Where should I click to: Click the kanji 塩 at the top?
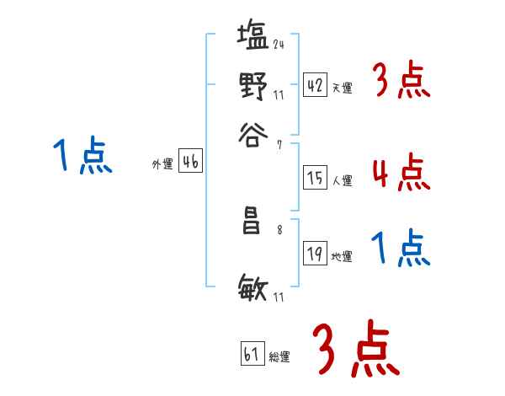253,38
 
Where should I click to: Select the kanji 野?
253,86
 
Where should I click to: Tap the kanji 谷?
253,133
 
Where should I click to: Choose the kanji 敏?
253,291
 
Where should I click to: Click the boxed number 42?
315,85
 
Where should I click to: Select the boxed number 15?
315,178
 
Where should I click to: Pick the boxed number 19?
315,254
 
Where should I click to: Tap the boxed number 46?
190,162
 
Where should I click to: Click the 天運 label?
343,88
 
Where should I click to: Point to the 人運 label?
343,180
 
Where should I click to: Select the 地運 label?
342,256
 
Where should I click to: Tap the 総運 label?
279,357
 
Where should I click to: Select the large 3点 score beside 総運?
356,348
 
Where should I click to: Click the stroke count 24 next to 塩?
278,44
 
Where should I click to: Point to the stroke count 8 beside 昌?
279,227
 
